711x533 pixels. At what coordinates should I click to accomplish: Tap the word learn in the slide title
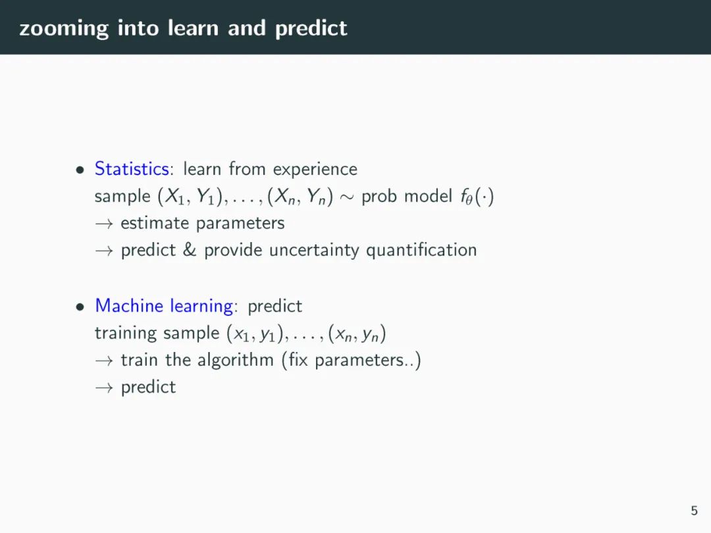pos(193,28)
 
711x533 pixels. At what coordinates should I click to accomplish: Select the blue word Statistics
pos(132,168)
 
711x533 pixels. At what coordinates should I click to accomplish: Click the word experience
pos(315,170)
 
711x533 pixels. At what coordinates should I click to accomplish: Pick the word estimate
pos(155,224)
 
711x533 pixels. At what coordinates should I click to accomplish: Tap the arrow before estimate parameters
pos(104,224)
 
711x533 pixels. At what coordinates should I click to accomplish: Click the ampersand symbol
pos(190,250)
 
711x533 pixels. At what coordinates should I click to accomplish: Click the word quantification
pos(421,251)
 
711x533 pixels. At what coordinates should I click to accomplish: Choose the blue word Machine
pos(129,305)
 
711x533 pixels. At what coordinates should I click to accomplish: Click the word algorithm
pos(235,361)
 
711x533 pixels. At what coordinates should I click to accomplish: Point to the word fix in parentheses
pos(298,360)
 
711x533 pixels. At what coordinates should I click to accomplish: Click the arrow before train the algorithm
pos(104,361)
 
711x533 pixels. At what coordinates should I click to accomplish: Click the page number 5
pos(695,511)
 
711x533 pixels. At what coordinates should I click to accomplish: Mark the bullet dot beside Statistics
pos(80,170)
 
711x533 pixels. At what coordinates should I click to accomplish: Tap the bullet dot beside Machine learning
pos(80,307)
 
